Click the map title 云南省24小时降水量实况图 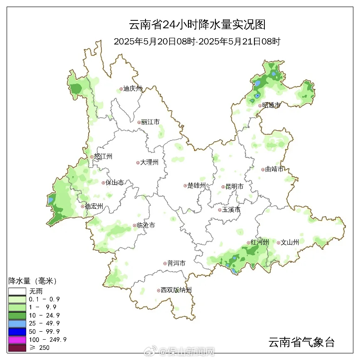pyautogui.click(x=197, y=25)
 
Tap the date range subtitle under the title pyautogui.click(x=197, y=42)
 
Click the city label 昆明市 pyautogui.click(x=234, y=187)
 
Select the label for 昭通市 pyautogui.click(x=271, y=106)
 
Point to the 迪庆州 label pyautogui.click(x=133, y=89)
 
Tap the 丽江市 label pyautogui.click(x=150, y=122)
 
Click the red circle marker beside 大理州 pyautogui.click(x=138, y=163)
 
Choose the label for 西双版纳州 pyautogui.click(x=176, y=290)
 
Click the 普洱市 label pyautogui.click(x=176, y=264)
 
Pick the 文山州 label pyautogui.click(x=290, y=242)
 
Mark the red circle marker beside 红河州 pyautogui.click(x=248, y=242)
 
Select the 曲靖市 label pyautogui.click(x=274, y=169)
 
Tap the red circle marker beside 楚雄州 pyautogui.click(x=185, y=186)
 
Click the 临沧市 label pyautogui.click(x=146, y=225)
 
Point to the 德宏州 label pyautogui.click(x=94, y=207)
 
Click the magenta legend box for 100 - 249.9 pyautogui.click(x=17, y=340)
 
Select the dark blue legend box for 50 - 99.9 pyautogui.click(x=17, y=331)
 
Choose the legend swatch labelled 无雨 pyautogui.click(x=17, y=291)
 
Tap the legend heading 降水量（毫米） pyautogui.click(x=32, y=281)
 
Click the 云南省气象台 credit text pyautogui.click(x=301, y=343)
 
